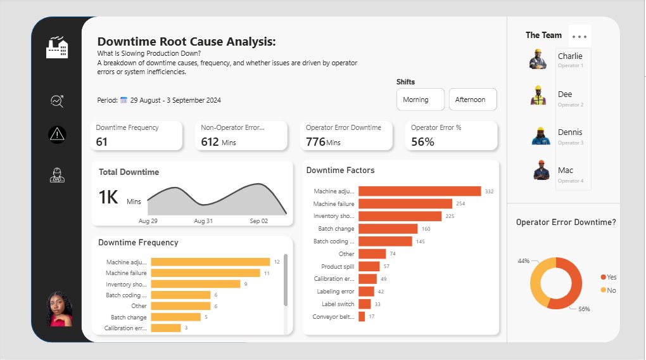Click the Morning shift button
point(415,100)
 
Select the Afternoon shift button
point(472,100)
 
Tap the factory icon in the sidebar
point(57,48)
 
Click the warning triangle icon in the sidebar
point(57,134)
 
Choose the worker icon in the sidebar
point(57,176)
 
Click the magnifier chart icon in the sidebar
point(57,100)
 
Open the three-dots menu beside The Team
point(579,36)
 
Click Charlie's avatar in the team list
point(538,60)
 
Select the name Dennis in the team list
point(569,132)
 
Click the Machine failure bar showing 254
point(405,203)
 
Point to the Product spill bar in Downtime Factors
point(369,266)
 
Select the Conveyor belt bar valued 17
point(362,316)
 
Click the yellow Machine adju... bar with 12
point(210,262)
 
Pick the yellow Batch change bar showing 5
point(175,317)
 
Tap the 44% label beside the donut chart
point(523,261)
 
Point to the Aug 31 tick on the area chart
point(203,221)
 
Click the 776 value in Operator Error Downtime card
point(315,142)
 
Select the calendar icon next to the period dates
point(124,100)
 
